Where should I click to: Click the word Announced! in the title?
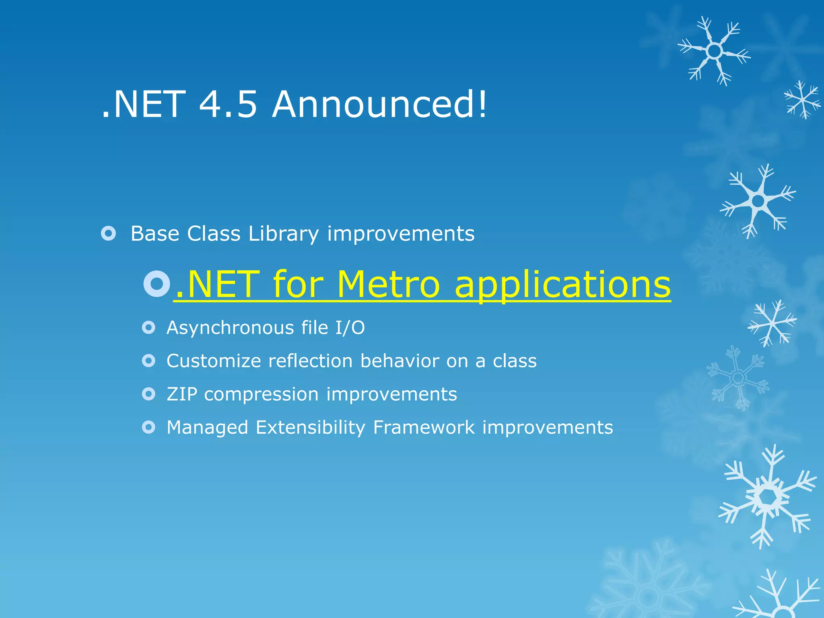[379, 104]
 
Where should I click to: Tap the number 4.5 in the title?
[228, 104]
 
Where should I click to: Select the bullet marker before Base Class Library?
[109, 233]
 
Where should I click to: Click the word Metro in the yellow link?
[389, 284]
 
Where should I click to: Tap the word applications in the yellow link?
[562, 284]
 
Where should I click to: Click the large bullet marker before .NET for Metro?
[157, 284]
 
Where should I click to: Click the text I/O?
[350, 328]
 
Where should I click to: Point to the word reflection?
[310, 361]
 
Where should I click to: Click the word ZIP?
[182, 394]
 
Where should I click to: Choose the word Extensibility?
[310, 428]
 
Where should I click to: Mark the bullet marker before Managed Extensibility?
[148, 427]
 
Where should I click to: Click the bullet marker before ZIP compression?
[148, 394]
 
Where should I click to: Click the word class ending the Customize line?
[515, 361]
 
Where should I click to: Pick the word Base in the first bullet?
[155, 234]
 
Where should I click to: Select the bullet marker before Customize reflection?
[148, 360]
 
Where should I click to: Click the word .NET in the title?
[144, 104]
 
